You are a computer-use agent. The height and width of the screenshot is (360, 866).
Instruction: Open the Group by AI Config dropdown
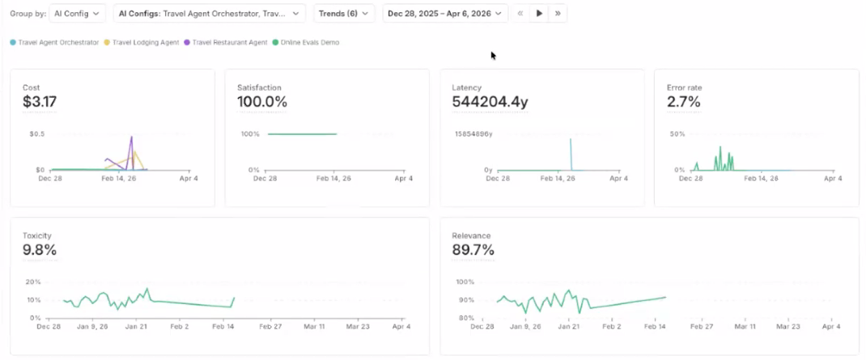click(x=77, y=13)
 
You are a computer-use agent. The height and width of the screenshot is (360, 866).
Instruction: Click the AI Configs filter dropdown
click(x=209, y=13)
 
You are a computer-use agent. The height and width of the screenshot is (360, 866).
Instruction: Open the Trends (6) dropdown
click(x=344, y=13)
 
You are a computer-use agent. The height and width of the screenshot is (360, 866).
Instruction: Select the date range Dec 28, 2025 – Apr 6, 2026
click(x=446, y=13)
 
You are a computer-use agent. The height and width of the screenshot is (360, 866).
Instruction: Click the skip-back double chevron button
click(x=520, y=13)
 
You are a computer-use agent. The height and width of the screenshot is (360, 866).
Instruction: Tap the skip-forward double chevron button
click(x=558, y=13)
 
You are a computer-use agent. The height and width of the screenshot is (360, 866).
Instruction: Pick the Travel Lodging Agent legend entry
click(x=144, y=42)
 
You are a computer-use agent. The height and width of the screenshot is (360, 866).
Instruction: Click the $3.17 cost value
click(x=40, y=102)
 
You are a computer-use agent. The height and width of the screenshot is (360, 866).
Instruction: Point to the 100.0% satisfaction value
click(x=262, y=102)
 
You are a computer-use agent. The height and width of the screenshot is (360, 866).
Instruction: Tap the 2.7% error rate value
click(x=683, y=102)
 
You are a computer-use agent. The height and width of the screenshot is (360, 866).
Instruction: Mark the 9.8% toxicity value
click(x=40, y=250)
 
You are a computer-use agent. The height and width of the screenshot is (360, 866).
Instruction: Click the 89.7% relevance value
click(x=473, y=250)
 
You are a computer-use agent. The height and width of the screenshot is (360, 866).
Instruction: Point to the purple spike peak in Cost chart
click(x=131, y=137)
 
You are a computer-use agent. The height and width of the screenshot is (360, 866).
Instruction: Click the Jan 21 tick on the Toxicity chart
click(x=136, y=328)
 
